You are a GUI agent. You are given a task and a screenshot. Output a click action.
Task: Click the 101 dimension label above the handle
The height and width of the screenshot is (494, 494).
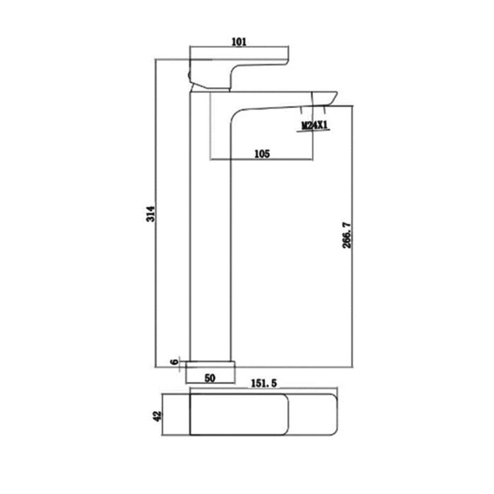(239, 42)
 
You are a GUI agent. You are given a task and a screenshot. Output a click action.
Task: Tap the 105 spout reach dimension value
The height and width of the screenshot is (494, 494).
(262, 154)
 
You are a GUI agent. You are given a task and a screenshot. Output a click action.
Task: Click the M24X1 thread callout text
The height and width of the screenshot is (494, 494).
(314, 126)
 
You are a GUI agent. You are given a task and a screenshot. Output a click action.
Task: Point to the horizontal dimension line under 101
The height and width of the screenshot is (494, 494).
(240, 48)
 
